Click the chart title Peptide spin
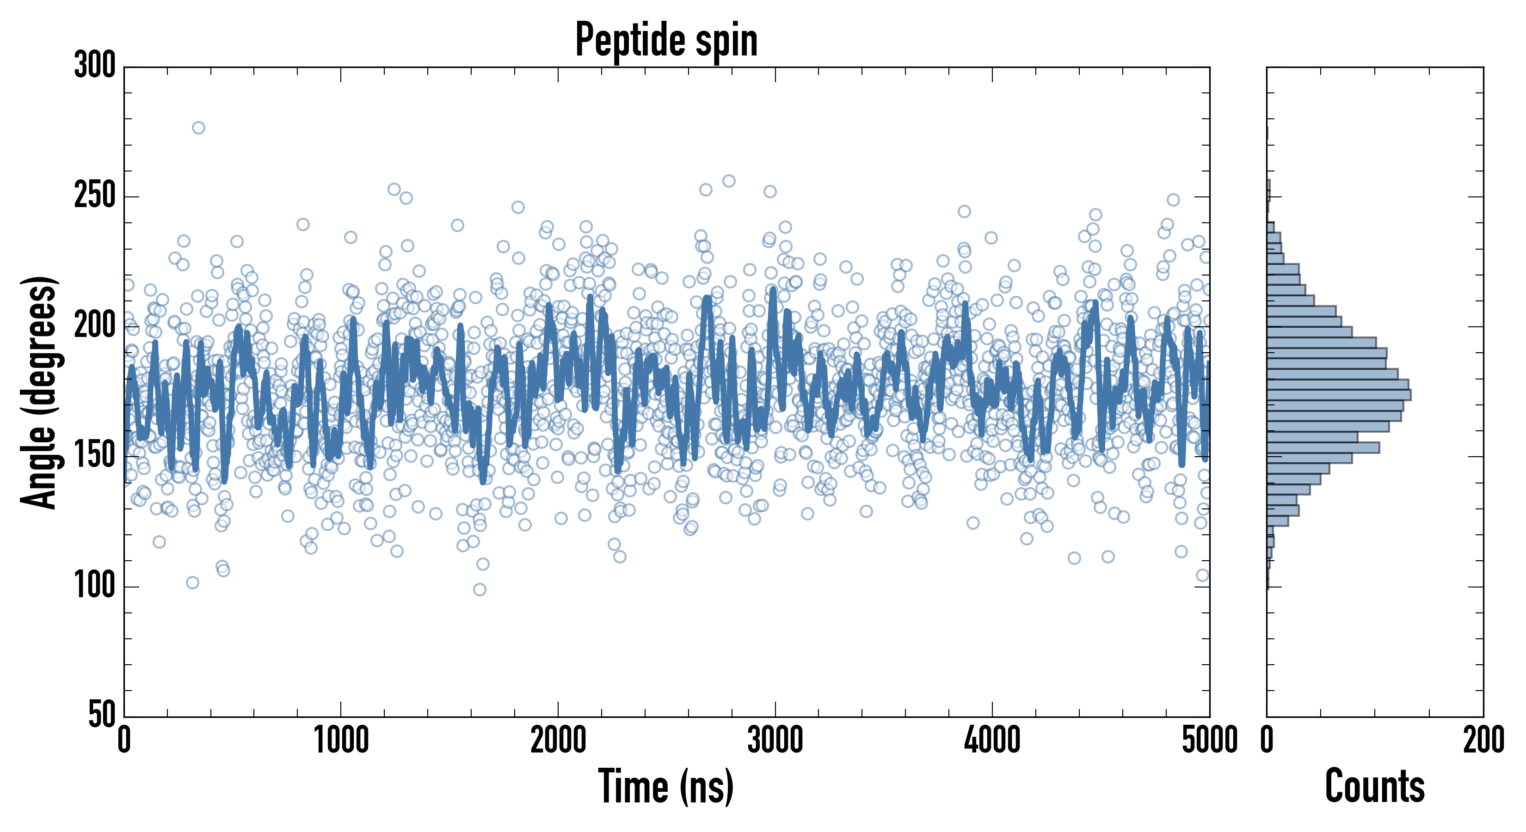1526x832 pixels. point(666,40)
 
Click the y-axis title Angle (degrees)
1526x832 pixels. point(39,392)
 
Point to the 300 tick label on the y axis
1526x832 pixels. point(95,65)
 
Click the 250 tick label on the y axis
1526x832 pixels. point(95,196)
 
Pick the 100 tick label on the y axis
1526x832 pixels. point(95,586)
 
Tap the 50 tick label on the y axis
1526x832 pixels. point(102,715)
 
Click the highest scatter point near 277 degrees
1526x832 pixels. point(198,128)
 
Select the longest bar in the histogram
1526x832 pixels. point(1339,395)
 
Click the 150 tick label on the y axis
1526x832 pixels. point(95,455)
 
